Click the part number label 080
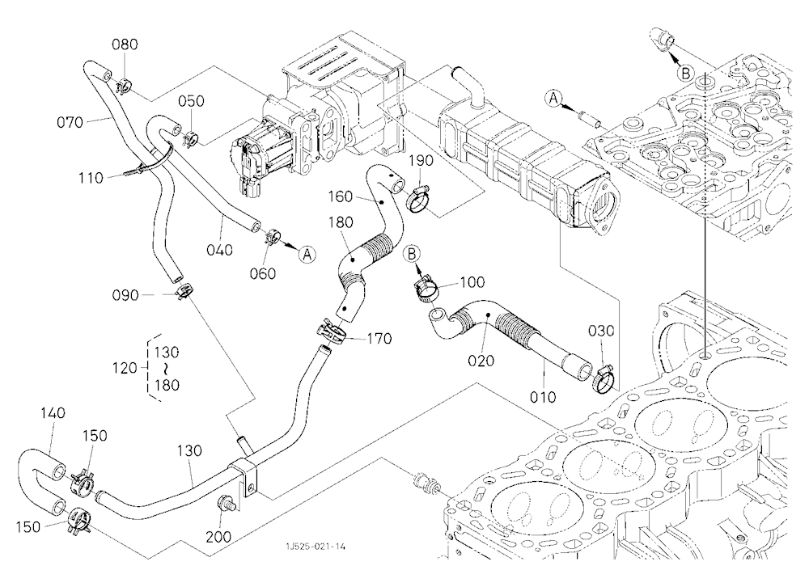tap(125, 44)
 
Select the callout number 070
tap(70, 122)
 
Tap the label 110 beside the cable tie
tap(91, 178)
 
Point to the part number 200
tap(218, 537)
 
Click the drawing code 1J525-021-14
tap(316, 547)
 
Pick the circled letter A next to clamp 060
tap(307, 255)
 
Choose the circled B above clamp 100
tap(413, 253)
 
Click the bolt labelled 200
tap(227, 502)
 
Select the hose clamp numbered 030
tap(602, 379)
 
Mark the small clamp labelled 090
tap(182, 291)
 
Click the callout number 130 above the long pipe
tap(188, 451)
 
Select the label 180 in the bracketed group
tap(167, 385)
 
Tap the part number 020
tap(481, 361)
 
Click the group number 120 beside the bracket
tap(125, 369)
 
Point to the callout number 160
tap(341, 196)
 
